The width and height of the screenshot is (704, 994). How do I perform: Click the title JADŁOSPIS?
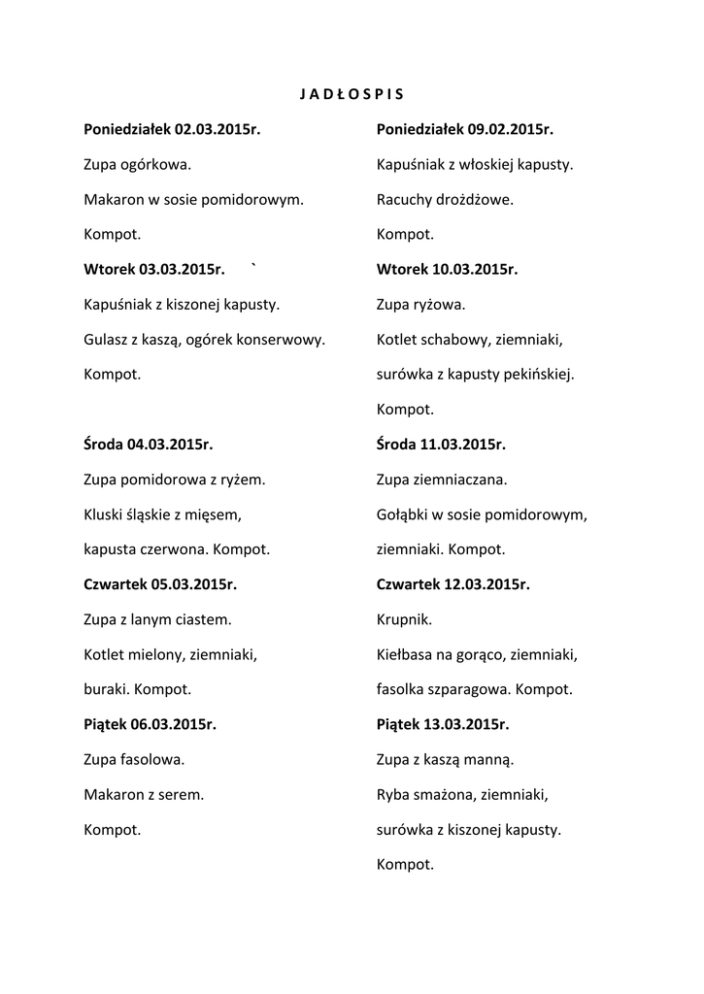[x=351, y=94]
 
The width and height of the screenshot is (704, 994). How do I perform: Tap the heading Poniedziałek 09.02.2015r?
[x=465, y=129]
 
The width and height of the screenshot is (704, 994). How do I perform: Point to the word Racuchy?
[x=402, y=200]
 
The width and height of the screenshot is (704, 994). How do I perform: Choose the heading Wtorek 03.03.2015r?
[x=154, y=270]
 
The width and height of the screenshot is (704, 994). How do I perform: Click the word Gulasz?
[x=105, y=340]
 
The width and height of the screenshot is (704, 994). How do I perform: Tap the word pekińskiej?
[x=540, y=375]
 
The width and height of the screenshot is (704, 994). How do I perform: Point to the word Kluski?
[x=104, y=514]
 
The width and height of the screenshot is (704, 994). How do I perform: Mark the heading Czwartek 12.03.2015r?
[x=453, y=584]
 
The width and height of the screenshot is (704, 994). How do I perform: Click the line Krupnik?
[x=405, y=619]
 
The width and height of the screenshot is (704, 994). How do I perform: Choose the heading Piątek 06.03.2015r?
[x=151, y=724]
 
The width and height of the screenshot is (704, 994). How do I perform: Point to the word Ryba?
[x=393, y=795]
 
